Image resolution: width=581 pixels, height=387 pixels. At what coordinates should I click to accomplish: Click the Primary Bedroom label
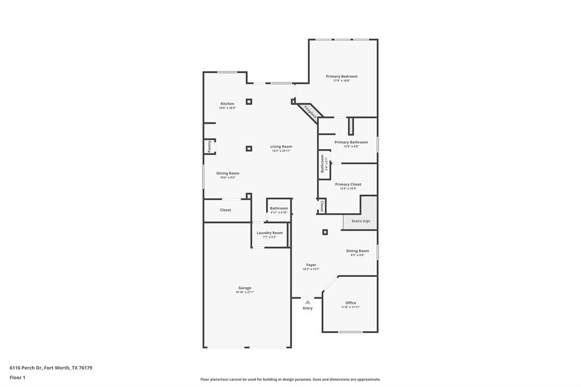tap(342, 76)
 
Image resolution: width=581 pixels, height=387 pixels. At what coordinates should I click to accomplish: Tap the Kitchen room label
tap(228, 104)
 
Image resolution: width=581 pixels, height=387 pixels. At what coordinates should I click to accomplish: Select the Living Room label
tap(281, 146)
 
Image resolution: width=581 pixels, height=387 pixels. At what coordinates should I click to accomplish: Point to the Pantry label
tap(209, 146)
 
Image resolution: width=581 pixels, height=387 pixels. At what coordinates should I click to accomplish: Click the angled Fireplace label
tap(310, 112)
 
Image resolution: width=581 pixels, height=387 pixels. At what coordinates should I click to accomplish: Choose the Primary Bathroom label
tap(351, 142)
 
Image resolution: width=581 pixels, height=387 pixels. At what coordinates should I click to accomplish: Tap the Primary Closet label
tap(348, 184)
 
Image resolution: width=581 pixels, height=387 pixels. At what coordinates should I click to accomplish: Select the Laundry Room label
tap(270, 233)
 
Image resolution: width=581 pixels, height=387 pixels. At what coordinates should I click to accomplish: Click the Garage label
tap(245, 288)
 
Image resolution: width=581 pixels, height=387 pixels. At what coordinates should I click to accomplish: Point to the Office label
tap(351, 302)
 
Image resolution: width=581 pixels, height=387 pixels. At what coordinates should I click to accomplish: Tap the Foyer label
tap(311, 265)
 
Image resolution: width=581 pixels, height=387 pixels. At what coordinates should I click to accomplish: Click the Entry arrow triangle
tap(308, 302)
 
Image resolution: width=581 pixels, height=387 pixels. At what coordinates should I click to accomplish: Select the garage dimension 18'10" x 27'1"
tap(245, 292)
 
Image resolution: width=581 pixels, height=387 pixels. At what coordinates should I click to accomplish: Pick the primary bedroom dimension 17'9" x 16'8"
tap(342, 81)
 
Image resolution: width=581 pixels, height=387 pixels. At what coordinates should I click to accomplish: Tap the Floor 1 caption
tap(18, 377)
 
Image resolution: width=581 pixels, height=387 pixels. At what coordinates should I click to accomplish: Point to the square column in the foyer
tap(325, 232)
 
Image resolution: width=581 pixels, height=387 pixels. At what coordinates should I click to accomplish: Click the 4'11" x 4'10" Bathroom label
tap(279, 208)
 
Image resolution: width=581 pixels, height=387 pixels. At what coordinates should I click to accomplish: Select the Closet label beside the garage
tap(226, 210)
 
